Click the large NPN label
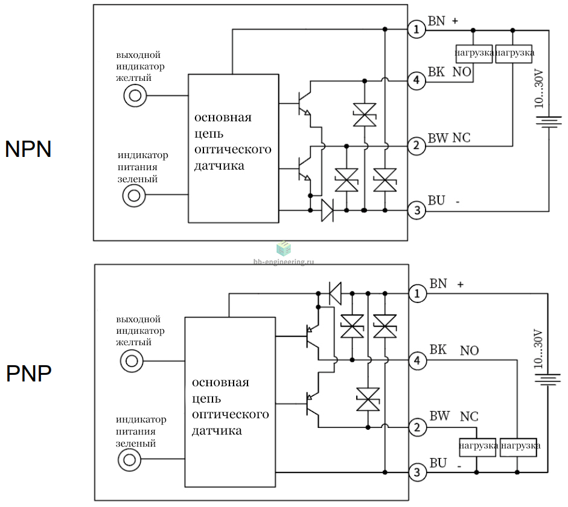28,149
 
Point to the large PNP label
28,374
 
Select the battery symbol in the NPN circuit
549,122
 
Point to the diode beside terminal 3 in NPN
328,211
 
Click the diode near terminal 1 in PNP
335,293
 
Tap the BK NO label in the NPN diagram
450,72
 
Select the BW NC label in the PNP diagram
454,416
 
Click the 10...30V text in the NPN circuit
538,89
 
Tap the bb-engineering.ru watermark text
284,261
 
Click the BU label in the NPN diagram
436,200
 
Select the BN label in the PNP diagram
438,284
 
